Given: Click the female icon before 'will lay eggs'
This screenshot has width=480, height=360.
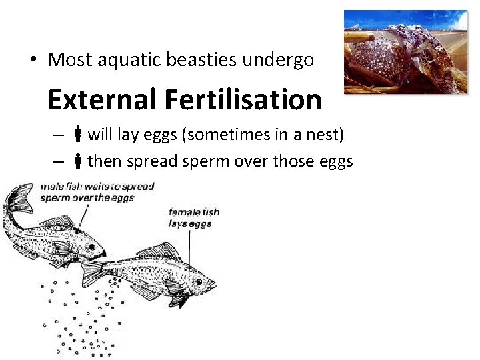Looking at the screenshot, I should (x=77, y=136).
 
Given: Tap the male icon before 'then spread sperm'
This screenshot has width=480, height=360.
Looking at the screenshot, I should (x=77, y=161).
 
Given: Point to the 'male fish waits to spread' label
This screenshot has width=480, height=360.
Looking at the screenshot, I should (x=97, y=191).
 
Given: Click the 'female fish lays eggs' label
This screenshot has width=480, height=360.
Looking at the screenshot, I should (x=193, y=218).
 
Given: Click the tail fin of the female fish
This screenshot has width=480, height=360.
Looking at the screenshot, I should (x=91, y=270).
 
